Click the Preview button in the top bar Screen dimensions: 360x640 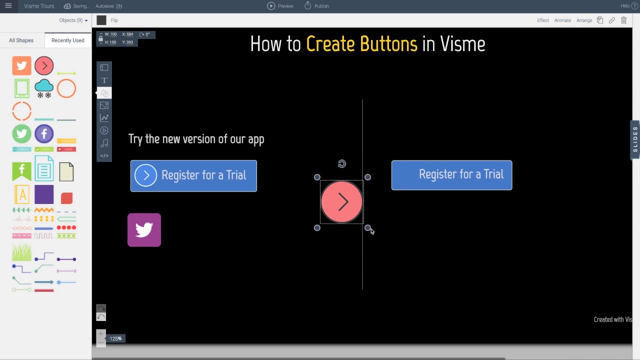[280, 6]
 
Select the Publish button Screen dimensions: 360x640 [316, 6]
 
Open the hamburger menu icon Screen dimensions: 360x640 [8, 6]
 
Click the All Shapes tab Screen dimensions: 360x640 [21, 40]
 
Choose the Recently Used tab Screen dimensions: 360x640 [67, 40]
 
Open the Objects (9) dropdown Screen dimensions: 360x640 [73, 20]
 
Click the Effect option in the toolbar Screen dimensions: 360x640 [542, 20]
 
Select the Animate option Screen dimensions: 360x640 [562, 20]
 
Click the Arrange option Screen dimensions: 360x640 [584, 20]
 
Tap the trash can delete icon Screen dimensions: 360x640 [623, 20]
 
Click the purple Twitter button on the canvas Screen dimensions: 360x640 [144, 230]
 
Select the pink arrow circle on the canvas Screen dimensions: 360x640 [341, 202]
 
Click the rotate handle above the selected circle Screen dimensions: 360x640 [341, 164]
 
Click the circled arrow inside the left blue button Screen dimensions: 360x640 [145, 175]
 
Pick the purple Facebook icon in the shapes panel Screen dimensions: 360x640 [44, 134]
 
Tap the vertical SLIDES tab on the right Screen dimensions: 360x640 [635, 139]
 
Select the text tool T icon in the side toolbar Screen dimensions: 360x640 [104, 80]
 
